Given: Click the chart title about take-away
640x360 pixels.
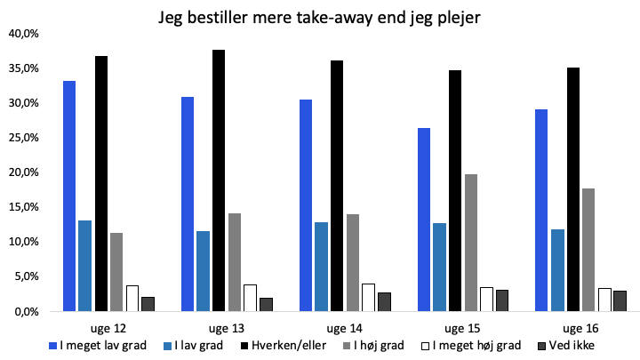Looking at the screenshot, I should point(319,18).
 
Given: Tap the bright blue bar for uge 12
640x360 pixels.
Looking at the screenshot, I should point(69,196).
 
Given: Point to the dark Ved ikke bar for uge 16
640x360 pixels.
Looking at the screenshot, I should point(620,301).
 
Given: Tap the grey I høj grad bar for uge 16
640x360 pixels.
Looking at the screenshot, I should point(588,250).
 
